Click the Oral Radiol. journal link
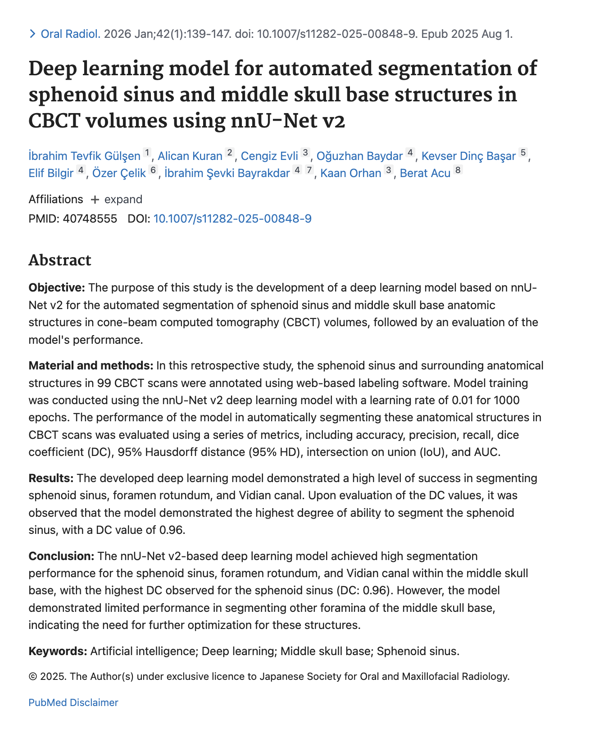coord(70,34)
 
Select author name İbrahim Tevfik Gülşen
coord(84,156)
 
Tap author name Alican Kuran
coord(190,156)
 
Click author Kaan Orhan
coord(350,173)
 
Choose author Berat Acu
coord(425,173)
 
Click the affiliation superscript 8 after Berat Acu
coord(458,170)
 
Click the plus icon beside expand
coord(95,200)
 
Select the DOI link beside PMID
coord(232,219)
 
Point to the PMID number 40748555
coord(90,219)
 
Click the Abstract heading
coord(60,260)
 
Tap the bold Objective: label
coord(57,288)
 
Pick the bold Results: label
coord(51,478)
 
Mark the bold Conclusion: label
coord(61,556)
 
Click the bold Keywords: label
coord(58,651)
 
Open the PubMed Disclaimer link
coord(73,702)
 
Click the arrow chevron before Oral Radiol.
coord(32,34)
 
